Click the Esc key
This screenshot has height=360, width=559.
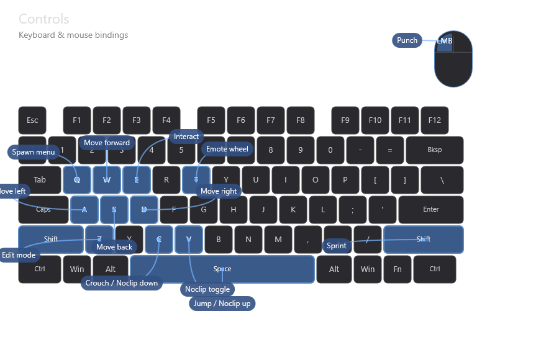[x=32, y=120]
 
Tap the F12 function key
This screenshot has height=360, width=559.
[x=435, y=120]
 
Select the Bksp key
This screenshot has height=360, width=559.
[x=435, y=150]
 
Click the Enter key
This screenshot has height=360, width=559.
[x=431, y=210]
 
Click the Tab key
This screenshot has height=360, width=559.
[x=40, y=180]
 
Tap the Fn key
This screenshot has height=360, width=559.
[x=398, y=269]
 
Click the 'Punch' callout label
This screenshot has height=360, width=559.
[x=407, y=40]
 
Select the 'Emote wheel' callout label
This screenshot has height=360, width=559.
[x=227, y=149]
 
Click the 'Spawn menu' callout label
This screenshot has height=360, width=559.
[x=34, y=152]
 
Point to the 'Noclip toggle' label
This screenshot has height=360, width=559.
[x=207, y=289]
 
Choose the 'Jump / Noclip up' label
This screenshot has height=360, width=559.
[x=222, y=304]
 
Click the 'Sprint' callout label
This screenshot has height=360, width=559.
[x=337, y=246]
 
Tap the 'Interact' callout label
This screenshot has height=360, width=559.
[x=186, y=137]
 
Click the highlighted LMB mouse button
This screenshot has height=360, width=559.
[x=444, y=42]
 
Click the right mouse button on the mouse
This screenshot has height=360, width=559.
[x=463, y=42]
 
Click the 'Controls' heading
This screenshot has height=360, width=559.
[x=44, y=19]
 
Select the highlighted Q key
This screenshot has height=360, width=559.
[x=77, y=180]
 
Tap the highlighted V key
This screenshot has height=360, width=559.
[x=189, y=240]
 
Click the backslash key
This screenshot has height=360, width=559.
[x=442, y=180]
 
